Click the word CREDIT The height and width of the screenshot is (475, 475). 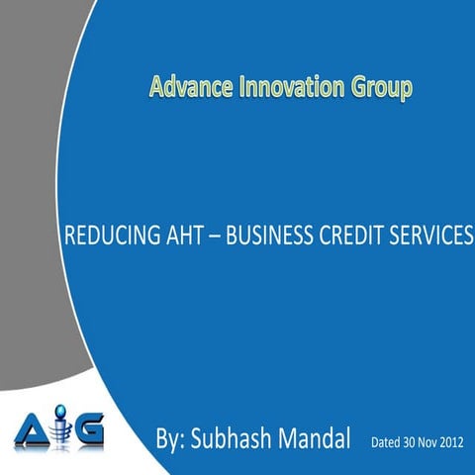click(349, 237)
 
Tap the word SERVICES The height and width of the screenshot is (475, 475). click(428, 237)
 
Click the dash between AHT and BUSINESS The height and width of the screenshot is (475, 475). click(216, 237)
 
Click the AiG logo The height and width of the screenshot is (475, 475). click(59, 430)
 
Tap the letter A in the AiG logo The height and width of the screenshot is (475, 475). click(34, 431)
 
